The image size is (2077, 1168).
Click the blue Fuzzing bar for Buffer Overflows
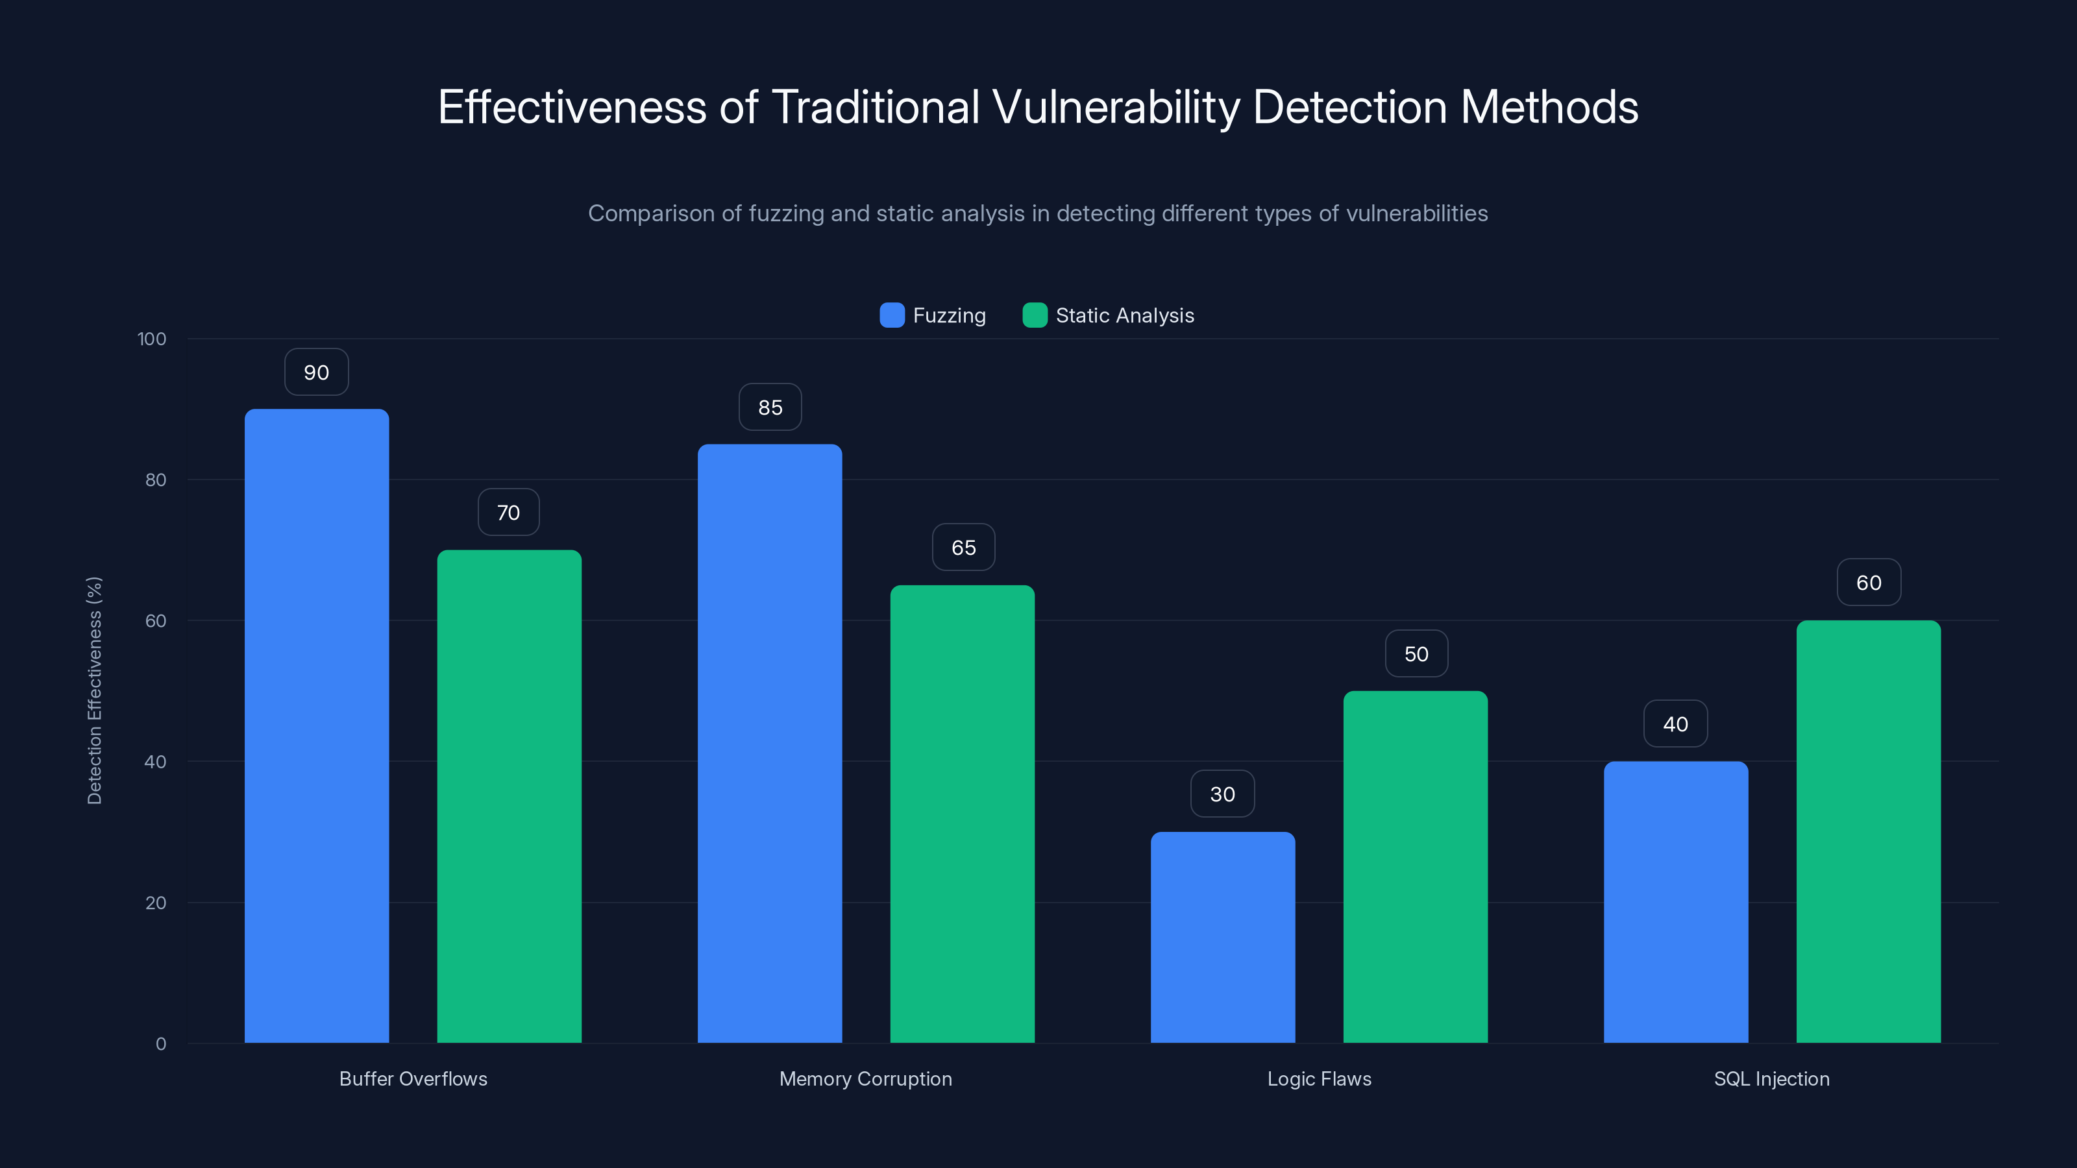click(x=316, y=725)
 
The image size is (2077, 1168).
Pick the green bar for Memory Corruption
click(x=962, y=814)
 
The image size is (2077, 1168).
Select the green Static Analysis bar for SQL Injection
click(x=1868, y=831)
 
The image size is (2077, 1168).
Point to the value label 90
click(x=316, y=372)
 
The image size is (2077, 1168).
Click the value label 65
click(x=963, y=548)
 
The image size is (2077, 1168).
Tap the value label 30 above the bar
click(x=1222, y=795)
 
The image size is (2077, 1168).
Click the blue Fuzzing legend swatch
click(x=892, y=315)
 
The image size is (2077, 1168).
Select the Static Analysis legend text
click(x=1125, y=315)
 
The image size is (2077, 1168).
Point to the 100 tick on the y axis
click(x=152, y=339)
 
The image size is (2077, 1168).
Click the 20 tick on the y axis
click(x=156, y=903)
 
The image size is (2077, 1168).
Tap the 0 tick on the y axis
click(x=160, y=1044)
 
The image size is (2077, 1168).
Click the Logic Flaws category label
click(x=1319, y=1078)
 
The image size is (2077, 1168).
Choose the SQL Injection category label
click(x=1771, y=1078)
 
